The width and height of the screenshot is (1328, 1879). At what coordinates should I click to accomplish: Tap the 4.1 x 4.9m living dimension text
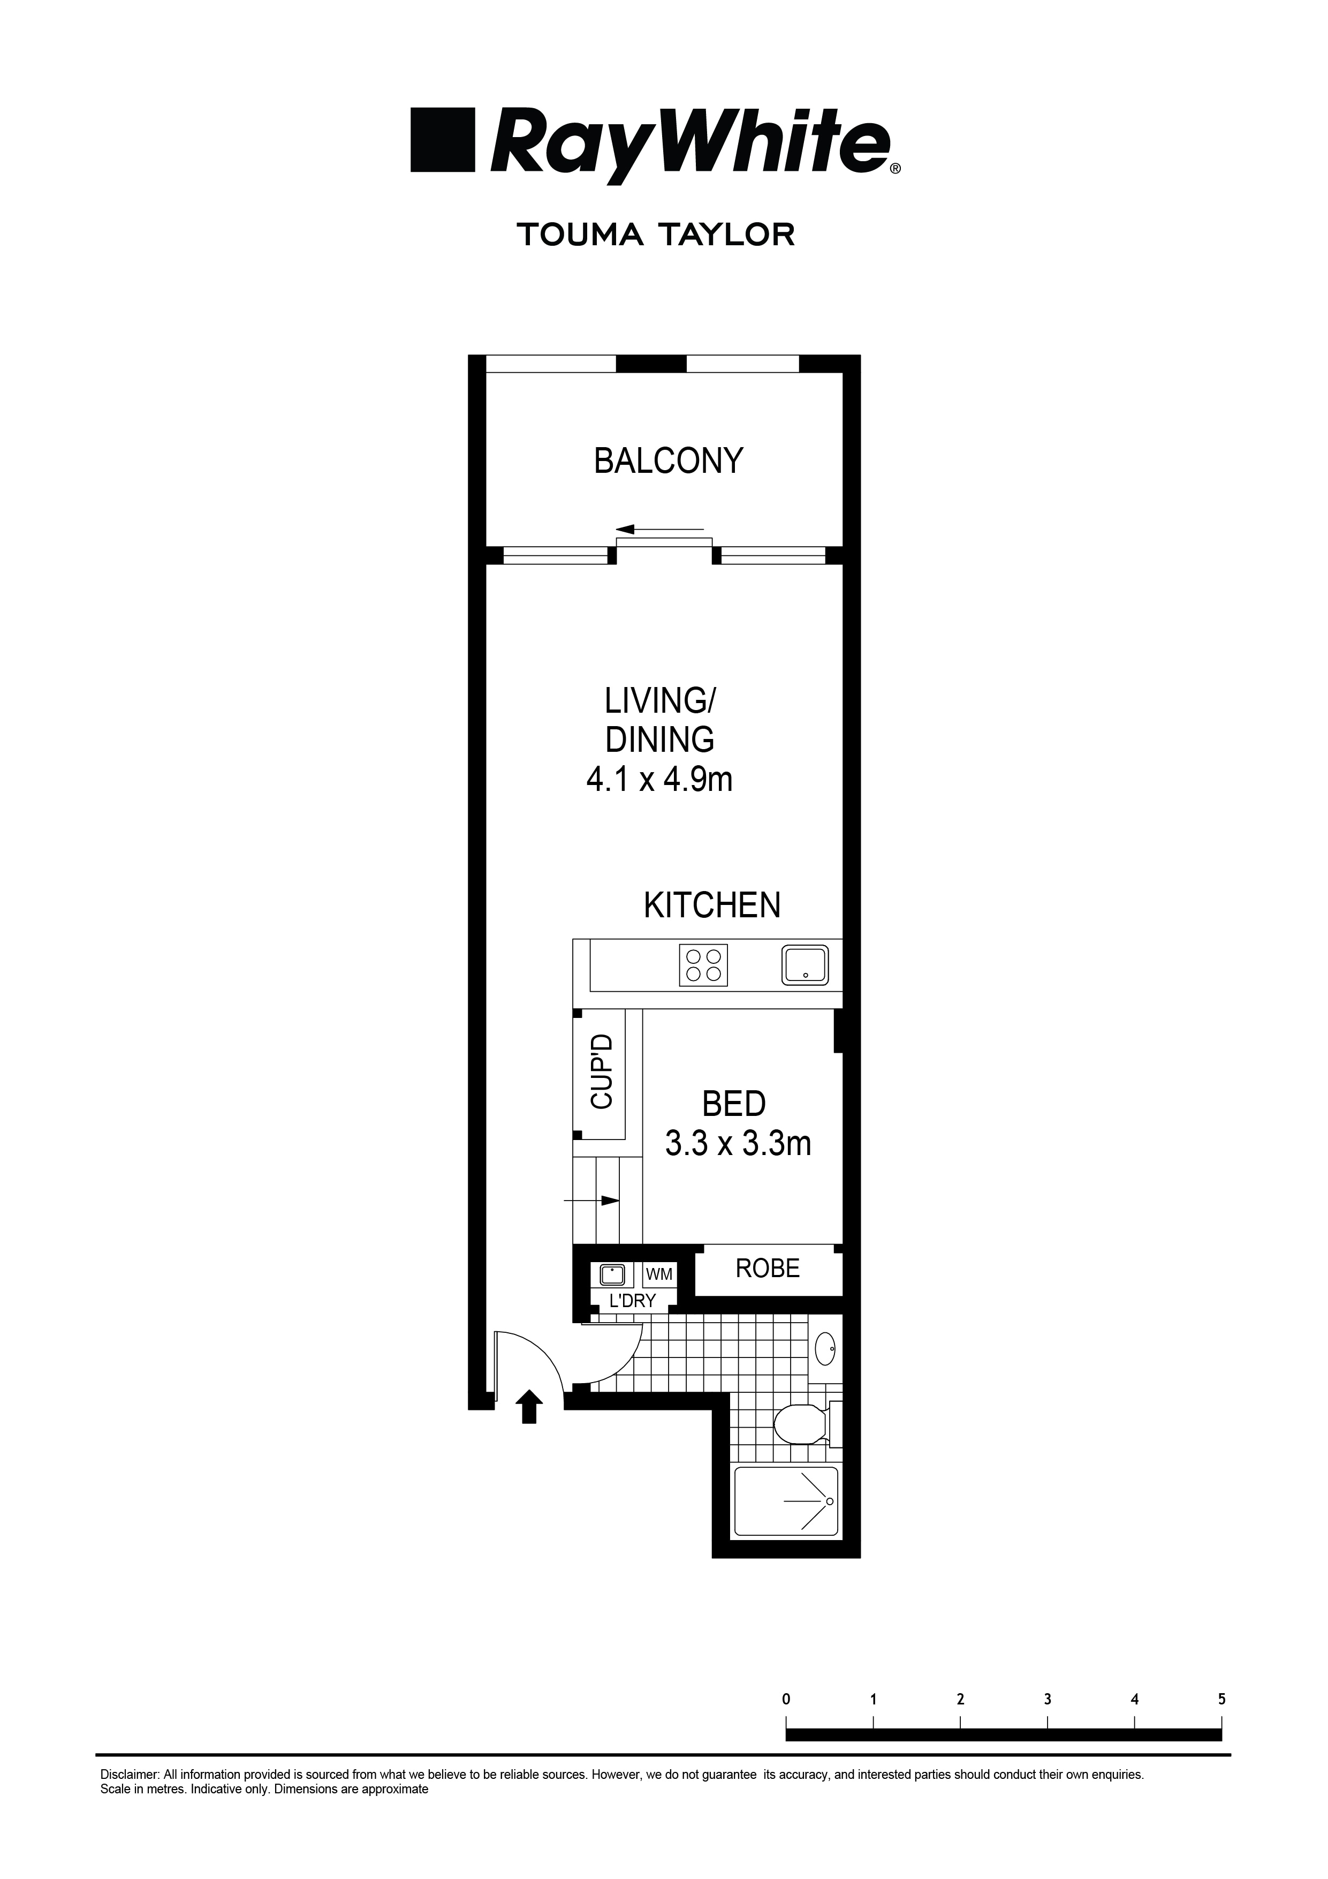(x=659, y=780)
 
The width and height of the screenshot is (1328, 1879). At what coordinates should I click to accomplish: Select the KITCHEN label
(x=712, y=905)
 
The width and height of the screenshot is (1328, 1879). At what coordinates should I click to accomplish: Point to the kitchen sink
(x=805, y=965)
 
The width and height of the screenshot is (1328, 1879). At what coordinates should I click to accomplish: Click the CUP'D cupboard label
(x=602, y=1072)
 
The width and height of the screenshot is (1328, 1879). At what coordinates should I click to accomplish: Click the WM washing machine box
(x=659, y=1274)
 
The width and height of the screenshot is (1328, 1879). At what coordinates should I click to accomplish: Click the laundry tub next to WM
(x=613, y=1275)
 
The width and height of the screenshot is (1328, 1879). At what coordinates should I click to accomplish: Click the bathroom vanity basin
(x=825, y=1347)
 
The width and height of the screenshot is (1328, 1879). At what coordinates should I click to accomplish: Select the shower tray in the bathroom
(x=786, y=1501)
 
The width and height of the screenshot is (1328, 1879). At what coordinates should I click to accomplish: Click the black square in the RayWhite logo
(x=443, y=140)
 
